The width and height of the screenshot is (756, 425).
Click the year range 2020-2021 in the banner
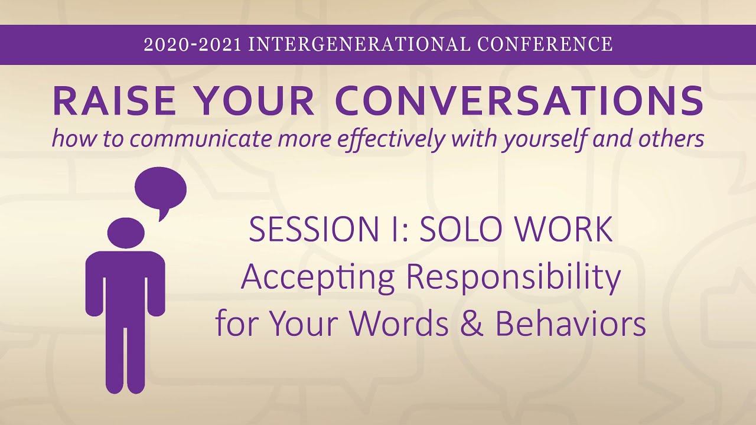click(193, 45)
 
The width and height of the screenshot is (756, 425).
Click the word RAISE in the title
click(112, 101)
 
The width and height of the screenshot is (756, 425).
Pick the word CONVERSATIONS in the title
click(519, 101)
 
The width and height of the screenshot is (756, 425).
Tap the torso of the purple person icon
click(125, 283)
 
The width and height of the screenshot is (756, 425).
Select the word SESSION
click(300, 230)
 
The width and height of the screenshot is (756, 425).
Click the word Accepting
click(317, 278)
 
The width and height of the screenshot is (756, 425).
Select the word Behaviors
click(570, 324)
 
